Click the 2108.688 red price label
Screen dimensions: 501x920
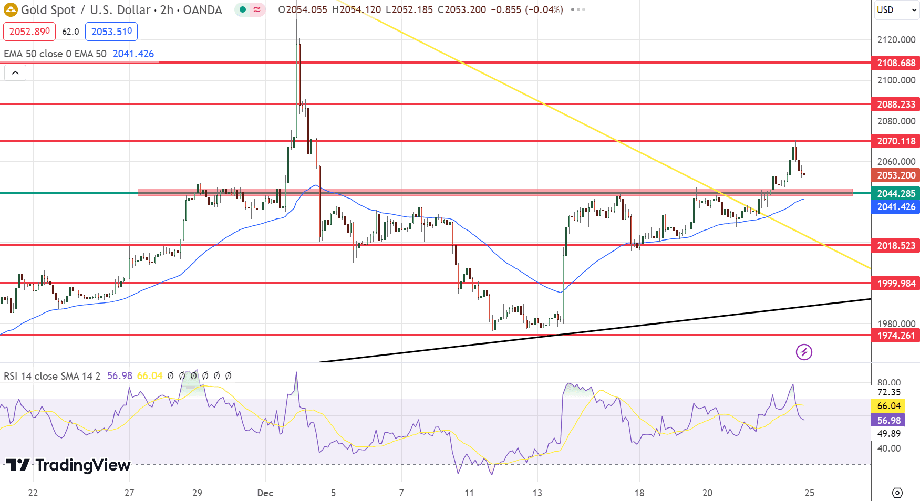[895, 63]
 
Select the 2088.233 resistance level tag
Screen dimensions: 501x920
[895, 105]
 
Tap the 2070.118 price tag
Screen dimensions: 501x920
[895, 141]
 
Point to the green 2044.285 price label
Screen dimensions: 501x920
[895, 194]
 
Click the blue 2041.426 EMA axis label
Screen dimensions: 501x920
[895, 207]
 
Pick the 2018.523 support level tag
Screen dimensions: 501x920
[895, 246]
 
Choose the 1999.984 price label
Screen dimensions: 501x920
[895, 284]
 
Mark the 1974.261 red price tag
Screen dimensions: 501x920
[895, 336]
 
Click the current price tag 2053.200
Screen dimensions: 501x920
[895, 175]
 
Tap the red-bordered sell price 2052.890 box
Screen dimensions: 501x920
[29, 32]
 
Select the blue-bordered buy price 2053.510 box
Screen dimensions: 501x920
[111, 32]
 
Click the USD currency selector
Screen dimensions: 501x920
[895, 10]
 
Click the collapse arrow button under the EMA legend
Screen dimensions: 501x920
[15, 73]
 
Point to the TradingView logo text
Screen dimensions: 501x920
[68, 465]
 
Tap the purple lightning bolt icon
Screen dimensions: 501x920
[804, 352]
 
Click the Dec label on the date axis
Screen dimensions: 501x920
[265, 493]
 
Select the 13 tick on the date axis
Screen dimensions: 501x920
[537, 493]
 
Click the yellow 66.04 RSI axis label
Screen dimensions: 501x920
[888, 406]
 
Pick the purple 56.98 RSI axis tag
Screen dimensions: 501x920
[888, 420]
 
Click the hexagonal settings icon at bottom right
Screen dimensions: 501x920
[897, 493]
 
